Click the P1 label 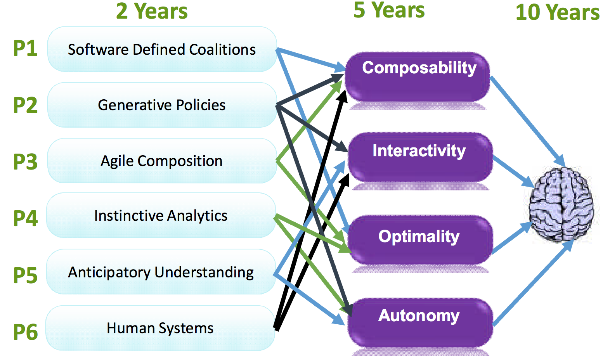pyautogui.click(x=25, y=48)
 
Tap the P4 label pyautogui.click(x=25, y=218)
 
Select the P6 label pyautogui.click(x=25, y=332)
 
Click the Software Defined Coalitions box pyautogui.click(x=162, y=49)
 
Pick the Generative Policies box pyautogui.click(x=162, y=105)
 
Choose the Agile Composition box pyautogui.click(x=162, y=161)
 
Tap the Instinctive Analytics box pyautogui.click(x=161, y=215)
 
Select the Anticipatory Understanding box pyautogui.click(x=161, y=272)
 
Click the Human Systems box pyautogui.click(x=161, y=328)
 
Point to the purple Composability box pyautogui.click(x=418, y=77)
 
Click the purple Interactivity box pyautogui.click(x=421, y=157)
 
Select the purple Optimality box pyautogui.click(x=421, y=240)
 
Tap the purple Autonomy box pyautogui.click(x=421, y=323)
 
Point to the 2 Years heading pyautogui.click(x=152, y=11)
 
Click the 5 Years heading pyautogui.click(x=389, y=10)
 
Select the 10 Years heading pyautogui.click(x=558, y=12)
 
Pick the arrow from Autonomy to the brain pyautogui.click(x=533, y=282)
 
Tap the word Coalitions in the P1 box pyautogui.click(x=222, y=50)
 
